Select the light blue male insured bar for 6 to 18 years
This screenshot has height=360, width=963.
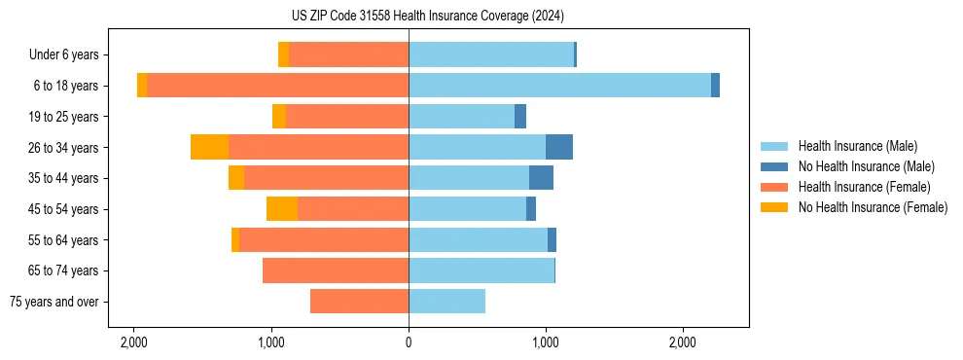559,86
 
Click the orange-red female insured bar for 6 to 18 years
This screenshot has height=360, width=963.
277,86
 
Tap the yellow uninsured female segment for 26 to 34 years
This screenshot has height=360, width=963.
209,147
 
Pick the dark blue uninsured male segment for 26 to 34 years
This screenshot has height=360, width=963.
559,147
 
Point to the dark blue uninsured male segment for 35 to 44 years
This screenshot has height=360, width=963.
541,178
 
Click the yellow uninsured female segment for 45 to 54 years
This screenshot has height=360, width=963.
282,209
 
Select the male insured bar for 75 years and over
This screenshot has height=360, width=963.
446,302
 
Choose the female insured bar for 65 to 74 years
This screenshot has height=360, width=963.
336,270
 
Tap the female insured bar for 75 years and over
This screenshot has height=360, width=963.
359,302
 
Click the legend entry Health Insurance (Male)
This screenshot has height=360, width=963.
857,146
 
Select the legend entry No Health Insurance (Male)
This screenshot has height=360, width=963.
865,166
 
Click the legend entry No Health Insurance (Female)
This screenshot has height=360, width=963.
872,207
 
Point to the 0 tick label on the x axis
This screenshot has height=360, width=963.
409,342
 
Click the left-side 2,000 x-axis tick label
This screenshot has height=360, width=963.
133,342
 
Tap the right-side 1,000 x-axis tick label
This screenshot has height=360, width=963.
546,342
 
